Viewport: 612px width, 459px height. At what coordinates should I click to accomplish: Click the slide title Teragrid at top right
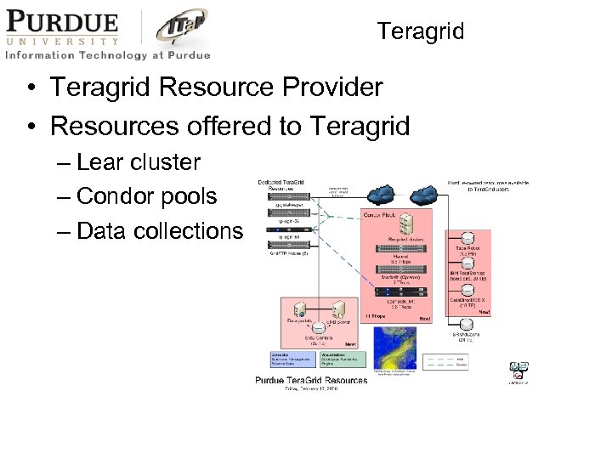(x=421, y=31)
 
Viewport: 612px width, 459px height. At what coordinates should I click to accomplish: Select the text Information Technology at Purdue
(x=107, y=55)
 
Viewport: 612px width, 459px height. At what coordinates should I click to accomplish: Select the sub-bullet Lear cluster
(x=138, y=162)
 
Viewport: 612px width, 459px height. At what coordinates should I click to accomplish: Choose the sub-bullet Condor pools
(x=146, y=196)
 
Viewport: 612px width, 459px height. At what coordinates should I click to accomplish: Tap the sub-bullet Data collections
(x=159, y=230)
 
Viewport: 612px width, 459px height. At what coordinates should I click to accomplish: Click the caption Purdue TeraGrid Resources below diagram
(x=311, y=380)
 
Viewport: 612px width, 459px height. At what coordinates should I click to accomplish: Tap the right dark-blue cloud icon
(x=422, y=193)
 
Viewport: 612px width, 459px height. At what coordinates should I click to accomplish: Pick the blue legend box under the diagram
(x=294, y=359)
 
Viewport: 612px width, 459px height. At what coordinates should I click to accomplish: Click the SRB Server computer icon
(x=338, y=308)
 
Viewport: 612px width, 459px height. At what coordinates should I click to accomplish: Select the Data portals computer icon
(x=299, y=308)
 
